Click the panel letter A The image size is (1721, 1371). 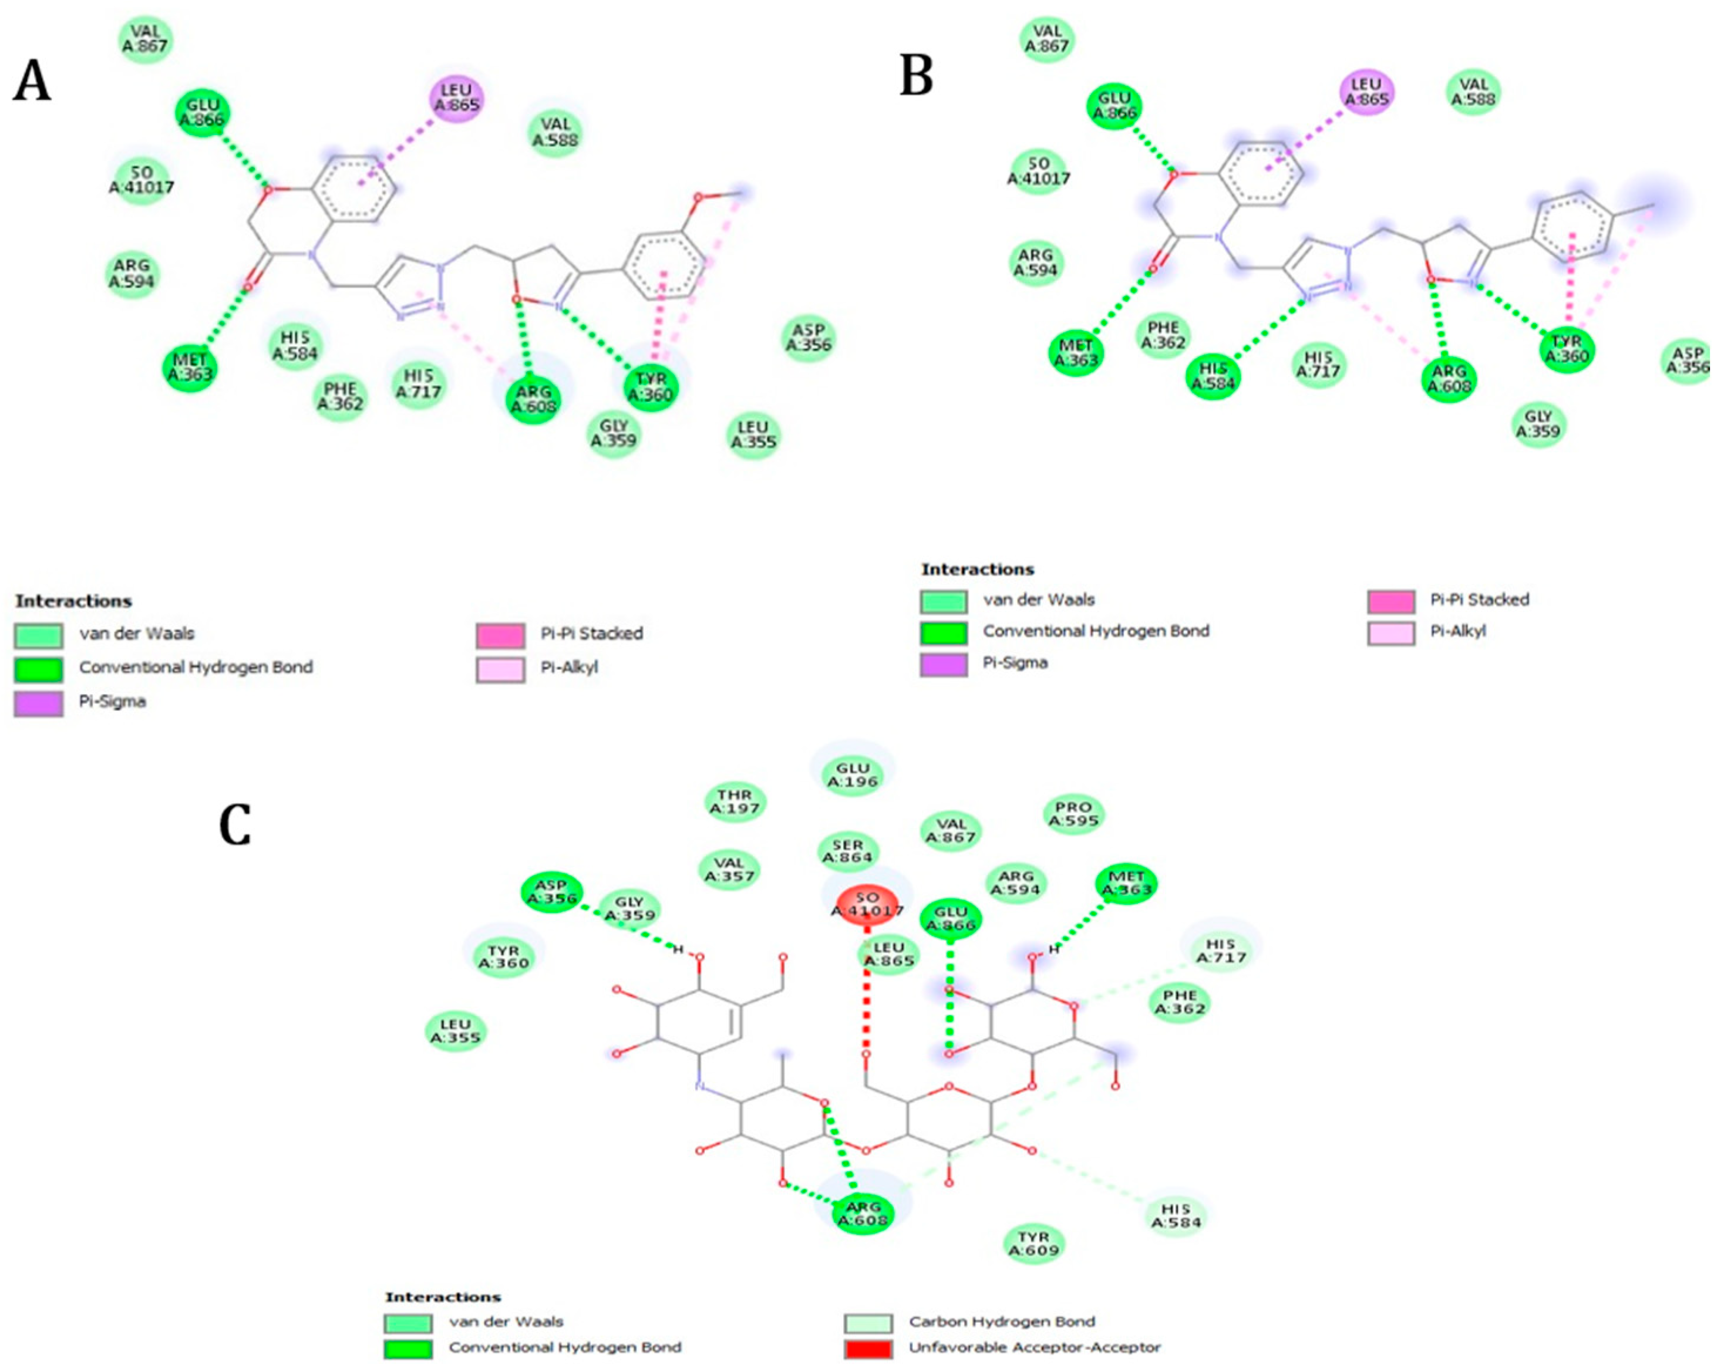point(32,82)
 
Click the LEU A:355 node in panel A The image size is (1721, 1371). point(753,435)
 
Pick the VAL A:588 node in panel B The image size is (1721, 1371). point(1474,92)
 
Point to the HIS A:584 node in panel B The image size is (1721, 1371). point(1213,376)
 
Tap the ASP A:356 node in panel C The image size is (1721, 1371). point(551,892)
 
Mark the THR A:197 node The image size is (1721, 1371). point(735,802)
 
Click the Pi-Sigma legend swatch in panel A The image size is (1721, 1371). point(38,702)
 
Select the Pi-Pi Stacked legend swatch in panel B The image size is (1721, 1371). point(1390,600)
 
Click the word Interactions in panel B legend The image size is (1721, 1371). point(977,569)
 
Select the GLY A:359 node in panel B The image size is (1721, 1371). point(1538,424)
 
